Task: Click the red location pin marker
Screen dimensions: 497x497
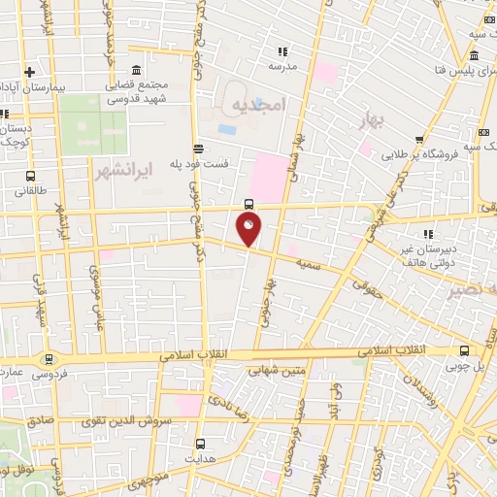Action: coord(248,230)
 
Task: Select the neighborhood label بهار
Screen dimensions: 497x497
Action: coord(369,120)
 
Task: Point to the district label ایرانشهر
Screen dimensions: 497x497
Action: coord(126,171)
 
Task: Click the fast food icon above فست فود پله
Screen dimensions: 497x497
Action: coord(198,149)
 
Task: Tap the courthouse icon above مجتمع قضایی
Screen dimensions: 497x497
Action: coord(135,72)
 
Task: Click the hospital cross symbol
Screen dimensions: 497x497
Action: coord(30,72)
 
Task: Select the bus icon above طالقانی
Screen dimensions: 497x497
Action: coord(31,177)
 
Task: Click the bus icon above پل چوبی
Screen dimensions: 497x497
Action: coord(467,351)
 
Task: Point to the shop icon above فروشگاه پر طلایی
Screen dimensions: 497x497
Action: coord(417,141)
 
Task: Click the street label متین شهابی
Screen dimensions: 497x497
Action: coord(270,368)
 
